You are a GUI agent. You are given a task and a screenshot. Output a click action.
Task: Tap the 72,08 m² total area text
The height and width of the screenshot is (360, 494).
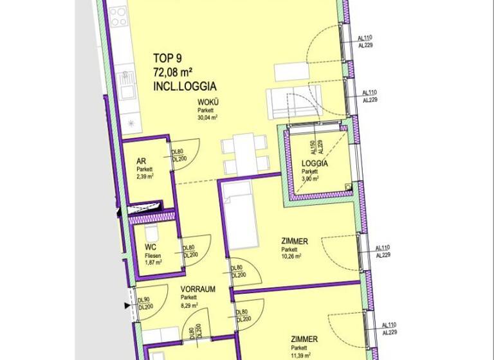(x=178, y=70)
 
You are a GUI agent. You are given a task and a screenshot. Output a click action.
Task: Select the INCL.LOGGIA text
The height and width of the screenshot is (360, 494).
(x=184, y=85)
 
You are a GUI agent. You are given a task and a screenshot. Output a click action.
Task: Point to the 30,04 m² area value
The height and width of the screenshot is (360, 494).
(x=207, y=118)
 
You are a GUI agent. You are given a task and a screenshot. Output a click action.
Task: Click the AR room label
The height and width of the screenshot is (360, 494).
(x=142, y=162)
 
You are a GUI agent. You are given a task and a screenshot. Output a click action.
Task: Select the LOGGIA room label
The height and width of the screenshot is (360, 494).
(x=315, y=164)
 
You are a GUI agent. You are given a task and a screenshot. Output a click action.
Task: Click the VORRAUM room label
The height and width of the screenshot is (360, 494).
(x=197, y=289)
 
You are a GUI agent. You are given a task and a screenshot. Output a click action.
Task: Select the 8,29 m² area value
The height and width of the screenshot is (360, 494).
(x=190, y=305)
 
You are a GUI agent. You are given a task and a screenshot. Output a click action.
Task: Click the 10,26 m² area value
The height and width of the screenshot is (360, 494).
(x=292, y=255)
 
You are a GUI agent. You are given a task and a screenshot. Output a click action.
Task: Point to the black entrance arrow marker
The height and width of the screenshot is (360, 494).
(x=127, y=307)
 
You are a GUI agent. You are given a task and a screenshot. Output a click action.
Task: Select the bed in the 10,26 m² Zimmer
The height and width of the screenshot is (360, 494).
(x=239, y=215)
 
